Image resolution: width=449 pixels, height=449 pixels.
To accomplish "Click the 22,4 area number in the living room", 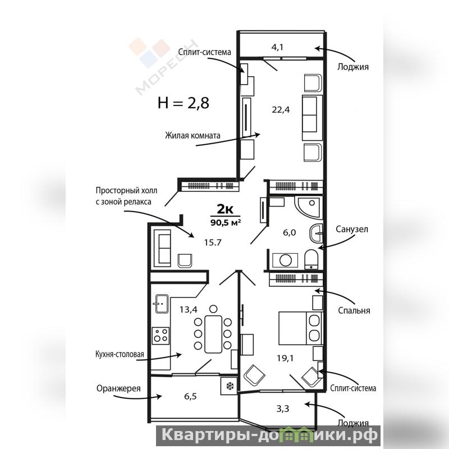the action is pyautogui.click(x=281, y=110).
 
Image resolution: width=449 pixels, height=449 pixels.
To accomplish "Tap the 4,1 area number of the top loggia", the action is pyautogui.click(x=277, y=47).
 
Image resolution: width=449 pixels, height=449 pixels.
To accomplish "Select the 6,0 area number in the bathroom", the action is pyautogui.click(x=289, y=233).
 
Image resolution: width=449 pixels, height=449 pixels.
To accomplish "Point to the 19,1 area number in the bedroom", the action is pyautogui.click(x=285, y=358).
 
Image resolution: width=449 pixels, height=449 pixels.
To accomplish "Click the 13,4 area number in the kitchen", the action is pyautogui.click(x=189, y=310).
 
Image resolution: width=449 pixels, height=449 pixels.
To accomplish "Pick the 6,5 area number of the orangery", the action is pyautogui.click(x=190, y=397).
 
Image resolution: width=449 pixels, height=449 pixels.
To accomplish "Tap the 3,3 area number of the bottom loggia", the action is pyautogui.click(x=283, y=409).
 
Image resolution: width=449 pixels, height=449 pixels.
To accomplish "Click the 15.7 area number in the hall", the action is pyautogui.click(x=213, y=243).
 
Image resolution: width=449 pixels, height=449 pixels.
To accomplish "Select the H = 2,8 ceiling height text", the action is pyautogui.click(x=184, y=103).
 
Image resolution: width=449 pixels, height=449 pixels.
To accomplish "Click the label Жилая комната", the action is pyautogui.click(x=193, y=135).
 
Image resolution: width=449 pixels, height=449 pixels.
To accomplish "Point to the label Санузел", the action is pyautogui.click(x=352, y=230).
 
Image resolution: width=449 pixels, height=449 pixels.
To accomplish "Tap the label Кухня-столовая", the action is pyautogui.click(x=120, y=355).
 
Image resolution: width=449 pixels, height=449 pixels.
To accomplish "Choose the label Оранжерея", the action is pyautogui.click(x=118, y=389).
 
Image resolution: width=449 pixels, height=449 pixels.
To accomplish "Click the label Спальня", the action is pyautogui.click(x=354, y=311).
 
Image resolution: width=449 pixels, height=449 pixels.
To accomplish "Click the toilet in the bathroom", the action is pyautogui.click(x=311, y=259).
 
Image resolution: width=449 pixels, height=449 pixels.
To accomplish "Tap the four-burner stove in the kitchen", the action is pyautogui.click(x=161, y=336).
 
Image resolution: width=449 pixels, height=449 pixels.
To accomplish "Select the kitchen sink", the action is pyautogui.click(x=162, y=304).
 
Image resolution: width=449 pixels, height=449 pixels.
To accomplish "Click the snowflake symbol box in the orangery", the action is pyautogui.click(x=229, y=386).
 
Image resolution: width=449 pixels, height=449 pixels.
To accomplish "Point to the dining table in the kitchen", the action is pyautogui.click(x=213, y=334).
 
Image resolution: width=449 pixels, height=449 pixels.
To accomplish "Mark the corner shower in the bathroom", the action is pyautogui.click(x=309, y=206).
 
